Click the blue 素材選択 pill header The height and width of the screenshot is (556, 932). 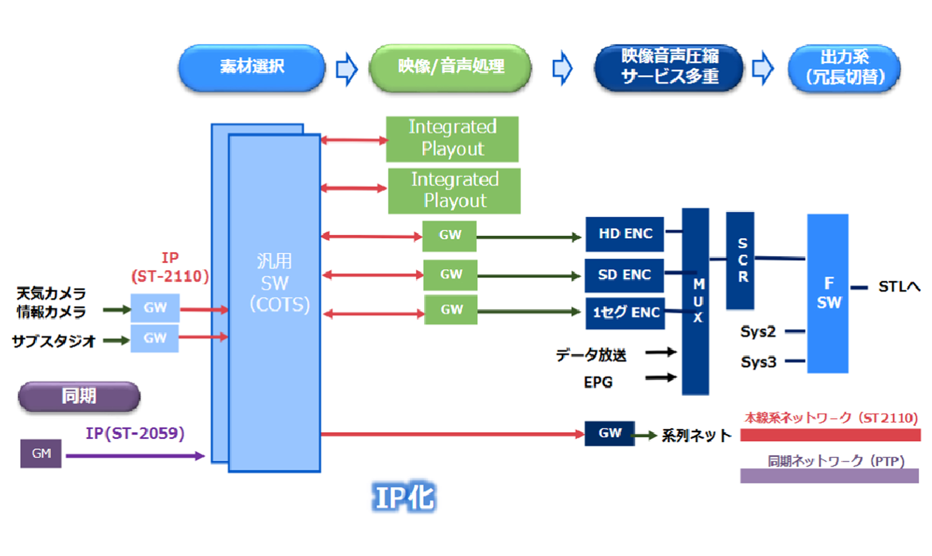click(252, 68)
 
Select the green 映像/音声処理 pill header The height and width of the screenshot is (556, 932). click(450, 68)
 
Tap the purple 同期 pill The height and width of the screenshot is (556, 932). click(79, 396)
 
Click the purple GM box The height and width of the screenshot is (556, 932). click(41, 453)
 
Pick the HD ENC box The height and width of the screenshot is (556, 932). click(625, 234)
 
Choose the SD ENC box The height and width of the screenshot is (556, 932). click(624, 275)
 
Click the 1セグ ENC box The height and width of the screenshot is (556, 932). click(625, 313)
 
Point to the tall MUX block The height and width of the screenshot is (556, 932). click(696, 301)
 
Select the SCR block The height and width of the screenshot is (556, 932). click(741, 260)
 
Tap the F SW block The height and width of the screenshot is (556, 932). click(828, 293)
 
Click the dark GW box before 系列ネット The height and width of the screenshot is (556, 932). click(610, 433)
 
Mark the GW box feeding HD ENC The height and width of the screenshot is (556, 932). click(450, 235)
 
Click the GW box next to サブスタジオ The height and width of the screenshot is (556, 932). click(155, 338)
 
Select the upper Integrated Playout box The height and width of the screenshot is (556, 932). click(452, 139)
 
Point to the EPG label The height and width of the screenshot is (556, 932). click(598, 382)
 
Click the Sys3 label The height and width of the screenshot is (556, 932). click(758, 362)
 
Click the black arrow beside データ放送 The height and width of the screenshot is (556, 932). click(661, 352)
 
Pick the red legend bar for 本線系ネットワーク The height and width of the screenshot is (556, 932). click(830, 435)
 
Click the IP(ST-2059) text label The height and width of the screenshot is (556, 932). click(135, 433)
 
